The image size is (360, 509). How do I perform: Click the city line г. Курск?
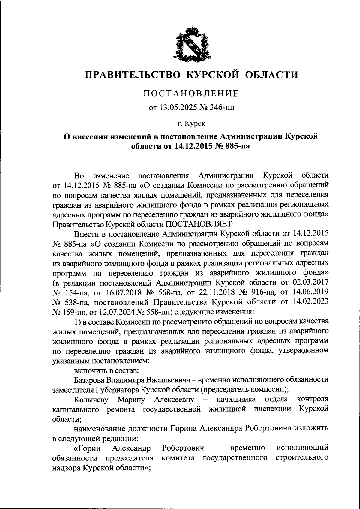(x=191, y=122)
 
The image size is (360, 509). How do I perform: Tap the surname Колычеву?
(x=92, y=399)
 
